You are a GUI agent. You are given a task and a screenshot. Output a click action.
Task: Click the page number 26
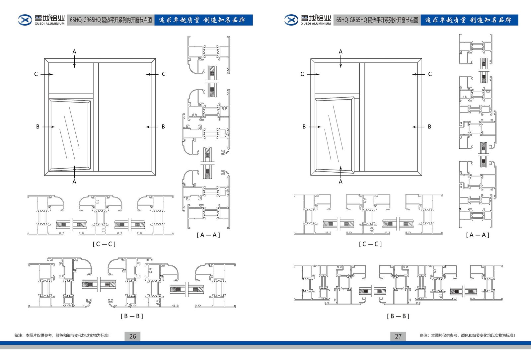pyautogui.click(x=132, y=336)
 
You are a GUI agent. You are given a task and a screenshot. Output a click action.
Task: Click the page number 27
pyautogui.click(x=398, y=336)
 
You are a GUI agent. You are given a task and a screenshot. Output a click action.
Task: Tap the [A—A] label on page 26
pyautogui.click(x=208, y=235)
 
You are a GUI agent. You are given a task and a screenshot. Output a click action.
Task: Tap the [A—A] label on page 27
pyautogui.click(x=478, y=235)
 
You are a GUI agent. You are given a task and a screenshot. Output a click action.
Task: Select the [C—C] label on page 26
pyautogui.click(x=104, y=244)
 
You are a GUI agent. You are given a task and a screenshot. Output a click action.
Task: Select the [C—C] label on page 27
pyautogui.click(x=370, y=244)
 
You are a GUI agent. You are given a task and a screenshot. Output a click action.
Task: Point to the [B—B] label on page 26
pyautogui.click(x=132, y=316)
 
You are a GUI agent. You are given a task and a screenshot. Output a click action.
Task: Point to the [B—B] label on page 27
pyautogui.click(x=398, y=316)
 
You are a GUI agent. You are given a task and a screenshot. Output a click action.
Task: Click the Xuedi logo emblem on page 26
pyautogui.click(x=25, y=20)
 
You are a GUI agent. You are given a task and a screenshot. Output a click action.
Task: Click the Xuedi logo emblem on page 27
pyautogui.click(x=291, y=20)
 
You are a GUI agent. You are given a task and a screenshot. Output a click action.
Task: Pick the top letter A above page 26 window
pyautogui.click(x=74, y=52)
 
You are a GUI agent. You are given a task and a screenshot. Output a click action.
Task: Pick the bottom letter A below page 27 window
pyautogui.click(x=341, y=182)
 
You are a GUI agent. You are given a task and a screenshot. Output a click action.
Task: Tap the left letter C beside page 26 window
pyautogui.click(x=36, y=74)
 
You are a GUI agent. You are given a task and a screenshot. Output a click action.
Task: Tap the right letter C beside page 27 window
pyautogui.click(x=430, y=74)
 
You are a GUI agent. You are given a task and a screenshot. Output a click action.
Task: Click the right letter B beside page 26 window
pyautogui.click(x=163, y=127)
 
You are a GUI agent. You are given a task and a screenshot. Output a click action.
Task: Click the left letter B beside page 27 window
pyautogui.click(x=304, y=127)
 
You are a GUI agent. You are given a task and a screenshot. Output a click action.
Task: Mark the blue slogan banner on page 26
pyautogui.click(x=203, y=20)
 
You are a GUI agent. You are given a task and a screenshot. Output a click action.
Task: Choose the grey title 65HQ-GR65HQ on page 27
pyautogui.click(x=377, y=20)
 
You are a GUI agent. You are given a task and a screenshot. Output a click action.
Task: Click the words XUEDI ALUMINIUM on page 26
pyautogui.click(x=49, y=24)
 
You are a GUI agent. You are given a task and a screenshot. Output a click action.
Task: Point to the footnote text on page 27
pyautogui.click(x=467, y=335)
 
